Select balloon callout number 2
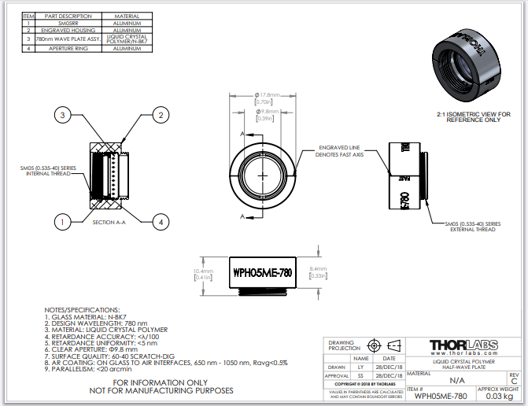pyautogui.click(x=160, y=116)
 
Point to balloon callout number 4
pyautogui.click(x=160, y=223)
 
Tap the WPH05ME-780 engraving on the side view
pyautogui.click(x=262, y=273)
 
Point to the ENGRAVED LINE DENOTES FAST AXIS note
pyautogui.click(x=340, y=151)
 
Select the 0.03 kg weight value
pyautogui.click(x=500, y=396)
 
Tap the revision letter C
pyautogui.click(x=515, y=381)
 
